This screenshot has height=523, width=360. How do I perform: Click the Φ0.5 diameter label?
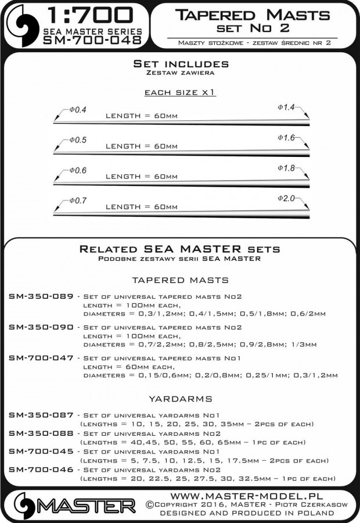77,140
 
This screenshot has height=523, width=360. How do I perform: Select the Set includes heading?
181,63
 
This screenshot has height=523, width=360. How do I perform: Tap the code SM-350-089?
41,296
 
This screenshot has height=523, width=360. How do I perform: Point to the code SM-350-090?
41,327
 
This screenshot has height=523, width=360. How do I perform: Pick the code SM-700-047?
41,358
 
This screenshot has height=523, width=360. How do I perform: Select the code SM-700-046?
41,469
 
